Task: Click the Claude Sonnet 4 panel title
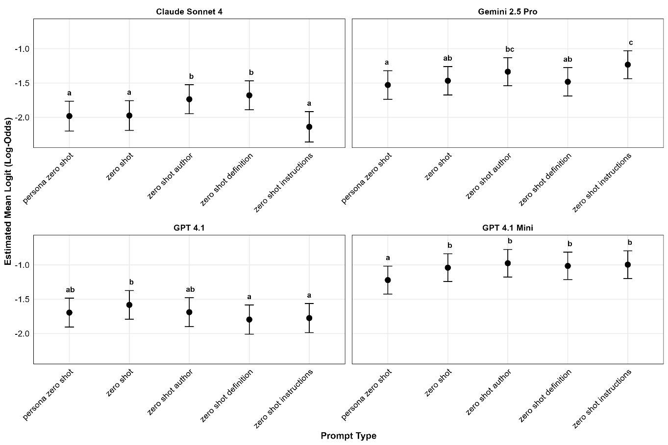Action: click(x=189, y=12)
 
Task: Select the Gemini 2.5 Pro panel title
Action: click(x=507, y=12)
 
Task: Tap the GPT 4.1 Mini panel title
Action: click(x=507, y=228)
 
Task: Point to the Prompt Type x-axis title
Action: click(x=348, y=436)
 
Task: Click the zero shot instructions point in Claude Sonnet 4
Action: click(x=309, y=127)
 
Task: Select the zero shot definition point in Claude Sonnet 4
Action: click(x=249, y=95)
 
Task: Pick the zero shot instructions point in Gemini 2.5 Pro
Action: click(x=628, y=65)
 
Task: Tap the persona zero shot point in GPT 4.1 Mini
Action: click(x=388, y=280)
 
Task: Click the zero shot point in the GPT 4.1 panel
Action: click(x=129, y=304)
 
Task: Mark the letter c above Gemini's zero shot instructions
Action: click(x=631, y=43)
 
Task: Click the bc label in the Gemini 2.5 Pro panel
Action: click(x=510, y=49)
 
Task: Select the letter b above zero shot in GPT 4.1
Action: click(x=131, y=282)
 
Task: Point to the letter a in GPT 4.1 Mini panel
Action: click(x=388, y=258)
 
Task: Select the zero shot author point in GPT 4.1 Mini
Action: click(x=508, y=263)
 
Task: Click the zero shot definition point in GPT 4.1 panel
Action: click(x=249, y=320)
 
